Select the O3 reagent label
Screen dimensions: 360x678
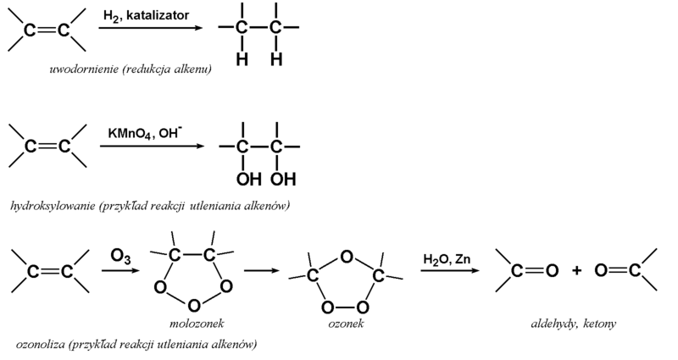point(119,253)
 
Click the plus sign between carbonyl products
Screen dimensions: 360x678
point(576,271)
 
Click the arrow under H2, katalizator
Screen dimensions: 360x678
point(151,29)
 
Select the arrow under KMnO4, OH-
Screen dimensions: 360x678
point(153,147)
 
